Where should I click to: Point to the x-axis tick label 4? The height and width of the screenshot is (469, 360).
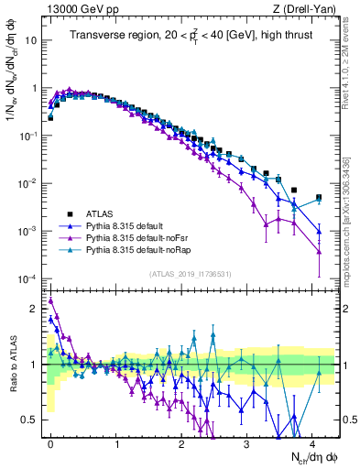[x=312, y=442]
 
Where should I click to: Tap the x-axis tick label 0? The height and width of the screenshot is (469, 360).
[x=50, y=442]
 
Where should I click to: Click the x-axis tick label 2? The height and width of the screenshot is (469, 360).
[x=181, y=442]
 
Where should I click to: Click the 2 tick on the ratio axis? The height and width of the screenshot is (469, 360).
[x=36, y=309]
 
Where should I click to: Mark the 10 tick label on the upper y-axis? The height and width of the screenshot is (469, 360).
[x=30, y=41]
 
